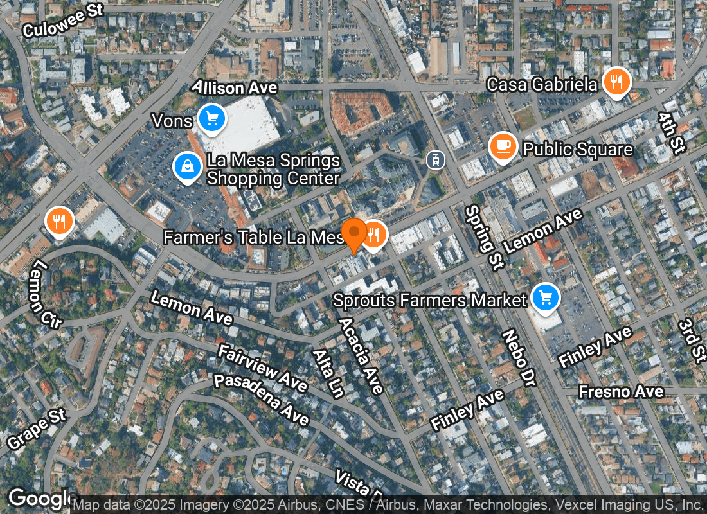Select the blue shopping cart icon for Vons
[x=211, y=118]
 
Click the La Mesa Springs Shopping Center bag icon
[x=187, y=166]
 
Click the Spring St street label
[x=482, y=238]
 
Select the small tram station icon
[x=436, y=159]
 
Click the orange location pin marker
[x=353, y=235]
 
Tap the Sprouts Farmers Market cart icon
[x=546, y=297]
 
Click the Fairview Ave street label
[x=262, y=368]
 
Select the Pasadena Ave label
[x=261, y=398]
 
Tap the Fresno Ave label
[x=620, y=391]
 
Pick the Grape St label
[x=37, y=429]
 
